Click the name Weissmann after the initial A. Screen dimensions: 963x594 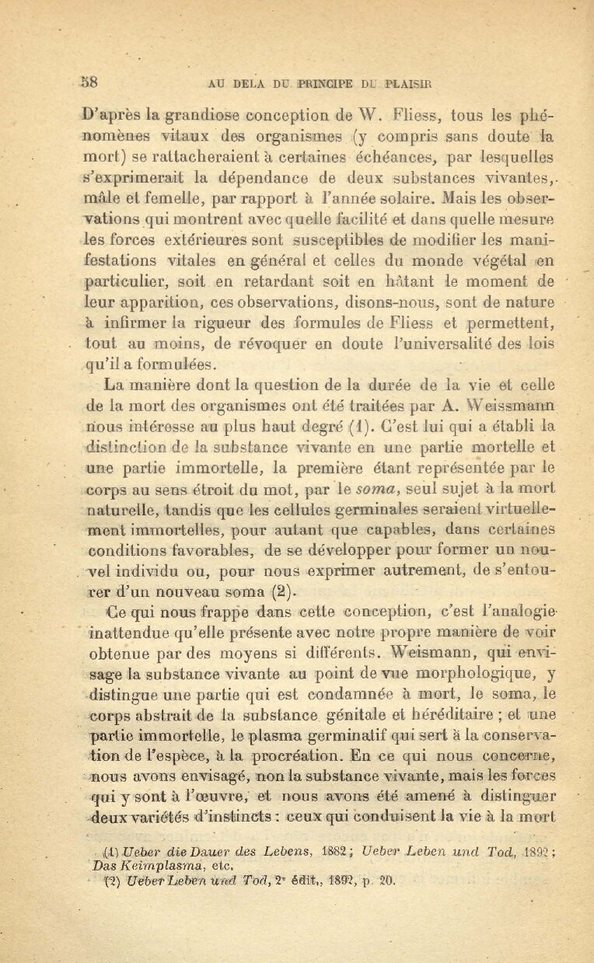(x=512, y=404)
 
